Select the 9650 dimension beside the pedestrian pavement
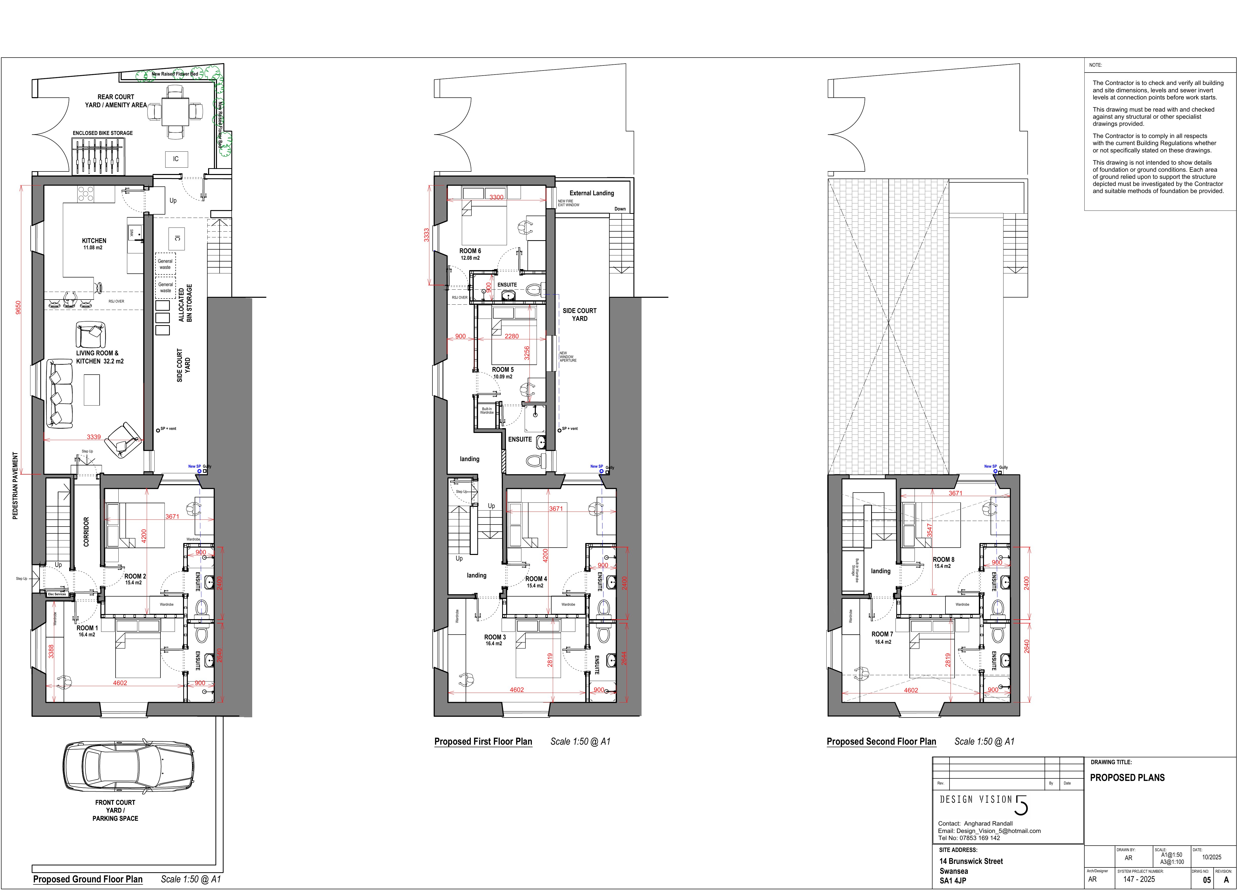(x=18, y=307)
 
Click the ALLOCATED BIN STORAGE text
(x=185, y=303)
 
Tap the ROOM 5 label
(x=502, y=370)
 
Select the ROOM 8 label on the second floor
(x=943, y=560)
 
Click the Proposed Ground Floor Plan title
(x=88, y=879)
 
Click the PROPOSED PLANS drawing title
(x=1127, y=778)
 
